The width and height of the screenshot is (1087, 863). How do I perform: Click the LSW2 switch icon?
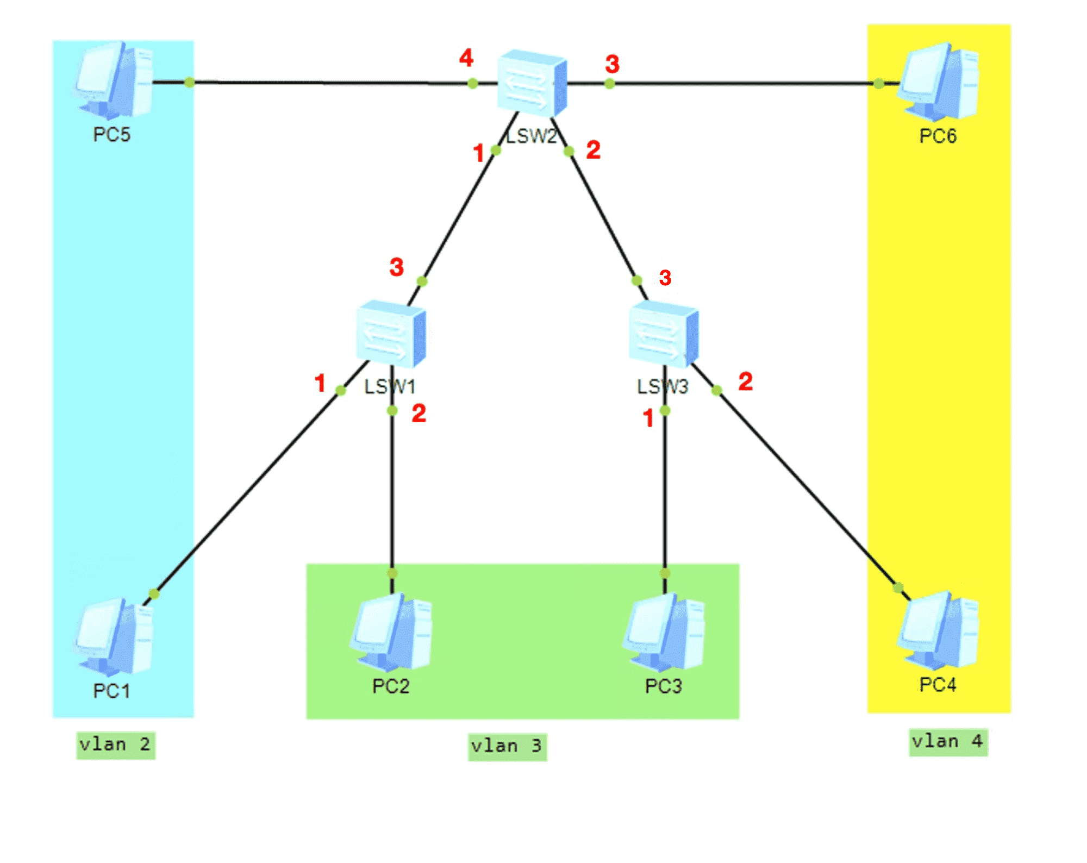pyautogui.click(x=532, y=83)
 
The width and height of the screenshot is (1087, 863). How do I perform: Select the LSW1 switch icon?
pyautogui.click(x=391, y=334)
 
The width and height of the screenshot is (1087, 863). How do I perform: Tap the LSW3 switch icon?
pyautogui.click(x=664, y=334)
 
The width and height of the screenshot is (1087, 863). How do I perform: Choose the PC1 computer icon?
pyautogui.click(x=114, y=636)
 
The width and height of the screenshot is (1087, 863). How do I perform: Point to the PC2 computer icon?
pyautogui.click(x=391, y=631)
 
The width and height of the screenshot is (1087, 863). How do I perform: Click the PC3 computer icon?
pyautogui.click(x=664, y=631)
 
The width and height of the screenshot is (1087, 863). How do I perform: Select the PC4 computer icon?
pyautogui.click(x=938, y=630)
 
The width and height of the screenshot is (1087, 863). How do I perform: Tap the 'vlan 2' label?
pyautogui.click(x=115, y=745)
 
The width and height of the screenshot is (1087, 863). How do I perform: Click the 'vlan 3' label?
pyautogui.click(x=507, y=746)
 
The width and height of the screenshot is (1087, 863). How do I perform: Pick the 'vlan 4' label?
pyautogui.click(x=948, y=742)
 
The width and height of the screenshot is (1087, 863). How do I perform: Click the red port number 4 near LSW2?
pyautogui.click(x=466, y=58)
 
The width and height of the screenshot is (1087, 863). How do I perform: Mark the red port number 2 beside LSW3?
pyautogui.click(x=746, y=381)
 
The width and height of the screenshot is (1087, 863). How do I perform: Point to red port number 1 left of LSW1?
pyautogui.click(x=320, y=383)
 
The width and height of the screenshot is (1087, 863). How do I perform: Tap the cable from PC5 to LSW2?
pyautogui.click(x=325, y=83)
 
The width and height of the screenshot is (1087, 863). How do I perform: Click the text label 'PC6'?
pyautogui.click(x=938, y=136)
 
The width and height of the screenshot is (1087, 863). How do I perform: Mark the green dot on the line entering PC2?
pyautogui.click(x=392, y=573)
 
